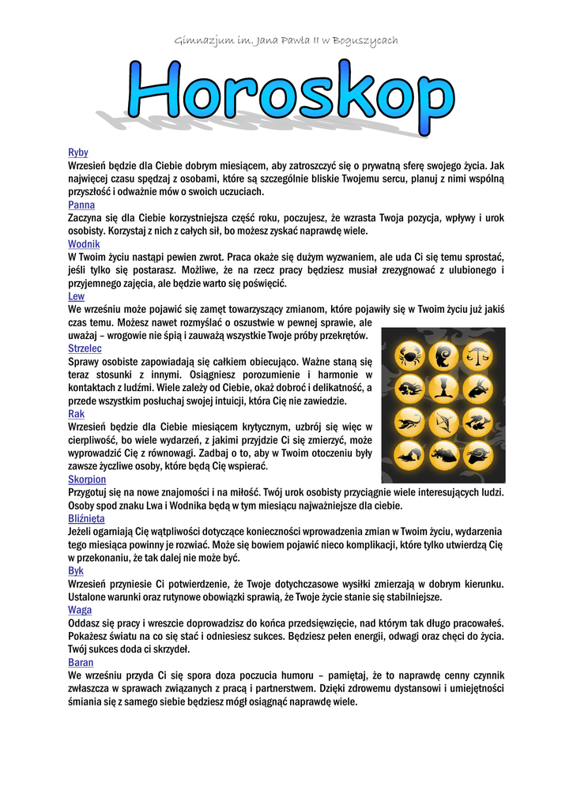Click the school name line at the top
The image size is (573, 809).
pyautogui.click(x=285, y=40)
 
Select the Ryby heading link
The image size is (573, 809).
pyautogui.click(x=78, y=152)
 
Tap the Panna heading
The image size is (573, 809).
pyautogui.click(x=81, y=205)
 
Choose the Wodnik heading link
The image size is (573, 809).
pyautogui.click(x=84, y=244)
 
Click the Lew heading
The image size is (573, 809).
pyautogui.click(x=77, y=296)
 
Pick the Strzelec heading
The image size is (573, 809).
pyautogui.click(x=85, y=348)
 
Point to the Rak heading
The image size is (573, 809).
pyautogui.click(x=77, y=414)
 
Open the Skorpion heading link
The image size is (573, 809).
pyautogui.click(x=87, y=480)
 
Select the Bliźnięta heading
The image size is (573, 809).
pyautogui.click(x=86, y=518)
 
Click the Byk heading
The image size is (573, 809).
pyautogui.click(x=76, y=570)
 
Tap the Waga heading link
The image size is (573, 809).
pyautogui.click(x=80, y=610)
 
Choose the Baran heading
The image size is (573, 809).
pyautogui.click(x=81, y=662)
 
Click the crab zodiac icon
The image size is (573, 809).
pyautogui.click(x=410, y=355)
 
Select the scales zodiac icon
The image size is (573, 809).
pyautogui.click(x=477, y=355)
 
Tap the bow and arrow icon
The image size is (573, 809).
pyautogui.click(x=443, y=421)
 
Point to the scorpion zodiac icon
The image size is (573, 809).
pyautogui.click(x=410, y=421)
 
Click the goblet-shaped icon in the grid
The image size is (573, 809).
pyautogui.click(x=443, y=388)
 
